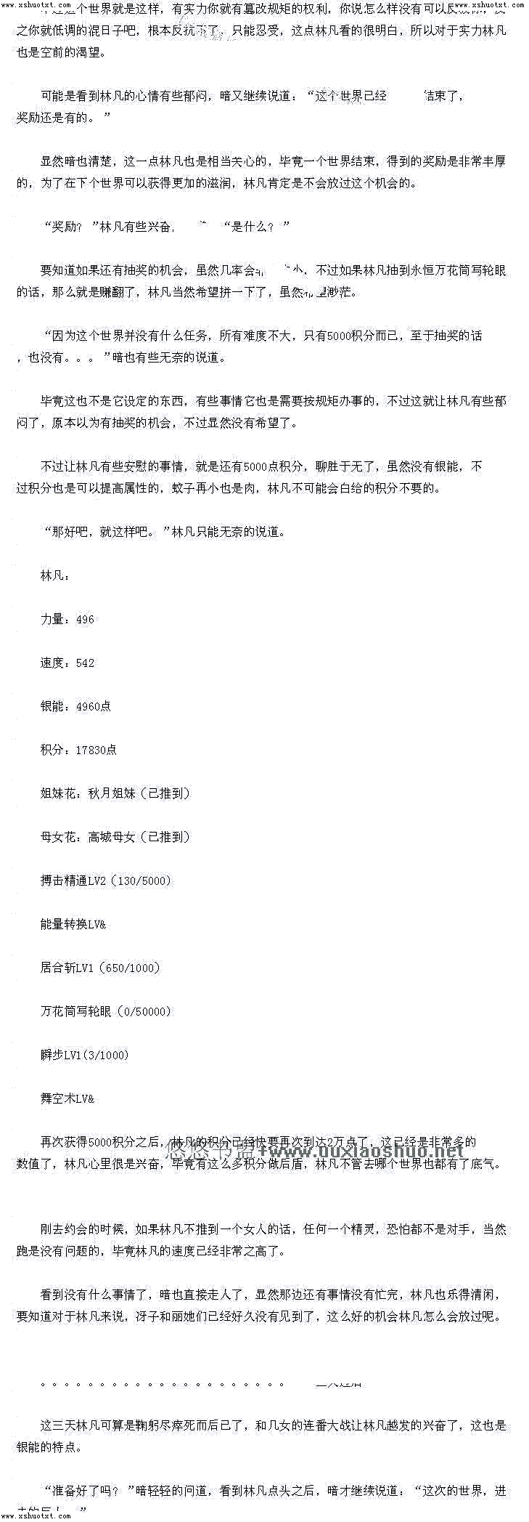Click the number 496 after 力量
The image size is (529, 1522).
pos(85,620)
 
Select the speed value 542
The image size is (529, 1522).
pos(85,663)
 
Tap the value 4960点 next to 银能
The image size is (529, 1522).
pos(93,707)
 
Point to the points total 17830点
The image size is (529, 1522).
pos(96,750)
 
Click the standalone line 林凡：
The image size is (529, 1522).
pos(55,576)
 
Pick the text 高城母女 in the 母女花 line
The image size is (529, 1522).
pos(112,838)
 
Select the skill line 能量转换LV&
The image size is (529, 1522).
pos(73,925)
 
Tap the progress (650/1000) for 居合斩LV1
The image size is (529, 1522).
pos(129,968)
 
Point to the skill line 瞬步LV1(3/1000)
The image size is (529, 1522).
pos(84,1056)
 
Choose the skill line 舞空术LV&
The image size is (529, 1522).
pos(67,1099)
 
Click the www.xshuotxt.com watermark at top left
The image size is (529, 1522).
pos(36,4)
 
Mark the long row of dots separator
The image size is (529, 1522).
pos(163,1385)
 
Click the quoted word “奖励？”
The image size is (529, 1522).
pos(72,227)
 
